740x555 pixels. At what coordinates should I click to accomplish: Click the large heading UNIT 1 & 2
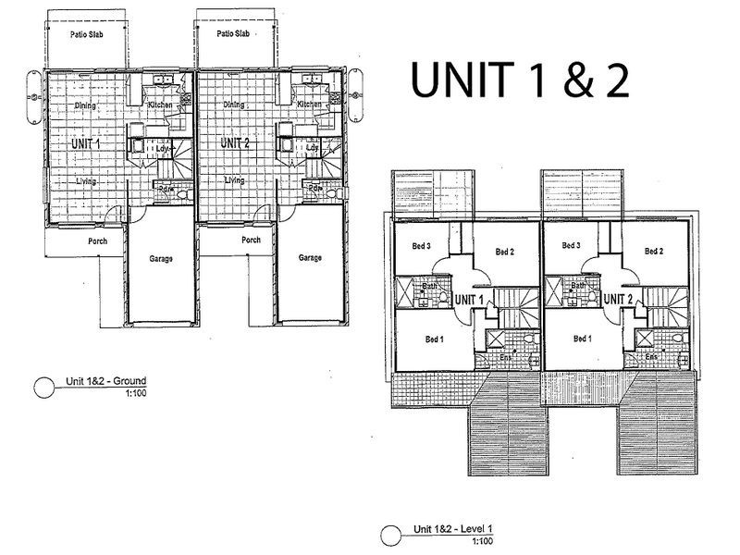tap(521, 80)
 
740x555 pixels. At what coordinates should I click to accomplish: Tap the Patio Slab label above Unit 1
tap(86, 34)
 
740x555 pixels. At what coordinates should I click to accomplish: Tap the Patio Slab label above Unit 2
tap(234, 34)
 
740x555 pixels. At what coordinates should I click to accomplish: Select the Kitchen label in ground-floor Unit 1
tap(160, 105)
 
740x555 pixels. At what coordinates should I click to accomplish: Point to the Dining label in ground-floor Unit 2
tap(233, 105)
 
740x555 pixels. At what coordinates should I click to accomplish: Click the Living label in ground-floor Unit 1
tap(87, 181)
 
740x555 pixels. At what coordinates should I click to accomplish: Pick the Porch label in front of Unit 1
tap(97, 241)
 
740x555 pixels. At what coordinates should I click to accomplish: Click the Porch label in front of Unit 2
tap(250, 241)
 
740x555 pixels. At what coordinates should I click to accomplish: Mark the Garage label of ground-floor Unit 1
tap(161, 259)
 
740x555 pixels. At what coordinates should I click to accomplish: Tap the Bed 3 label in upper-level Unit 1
tap(421, 245)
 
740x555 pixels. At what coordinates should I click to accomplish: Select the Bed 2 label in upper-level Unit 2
tap(653, 251)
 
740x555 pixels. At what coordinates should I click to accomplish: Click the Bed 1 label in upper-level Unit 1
tap(434, 339)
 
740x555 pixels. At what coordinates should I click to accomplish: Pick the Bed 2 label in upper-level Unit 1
tap(503, 251)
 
